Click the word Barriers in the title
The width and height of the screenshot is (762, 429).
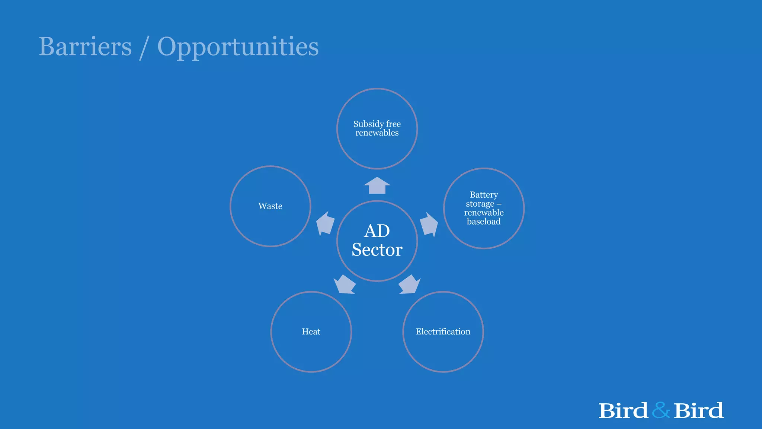click(x=85, y=47)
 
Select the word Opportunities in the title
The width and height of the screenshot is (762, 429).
click(x=238, y=47)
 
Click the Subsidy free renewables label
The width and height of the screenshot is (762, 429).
click(x=377, y=128)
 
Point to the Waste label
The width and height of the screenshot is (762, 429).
click(x=270, y=206)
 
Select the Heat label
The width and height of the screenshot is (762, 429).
click(x=311, y=332)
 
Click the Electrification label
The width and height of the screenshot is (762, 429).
click(x=443, y=332)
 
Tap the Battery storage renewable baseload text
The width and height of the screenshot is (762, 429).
click(x=484, y=208)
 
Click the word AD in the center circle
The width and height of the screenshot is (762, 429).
click(x=377, y=231)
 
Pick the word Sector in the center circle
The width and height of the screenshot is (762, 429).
click(x=377, y=250)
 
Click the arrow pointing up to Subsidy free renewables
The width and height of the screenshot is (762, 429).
click(x=377, y=185)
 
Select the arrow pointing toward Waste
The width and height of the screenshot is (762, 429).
click(x=325, y=224)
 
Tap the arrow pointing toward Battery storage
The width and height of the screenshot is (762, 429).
click(x=429, y=225)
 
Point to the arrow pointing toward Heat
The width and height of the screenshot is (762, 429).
click(x=345, y=285)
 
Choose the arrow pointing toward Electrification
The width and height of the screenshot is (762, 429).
click(x=409, y=285)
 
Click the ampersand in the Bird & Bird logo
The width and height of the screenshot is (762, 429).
click(x=661, y=410)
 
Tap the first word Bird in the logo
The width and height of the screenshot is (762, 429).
click(x=623, y=411)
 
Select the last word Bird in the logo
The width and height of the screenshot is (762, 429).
click(x=698, y=411)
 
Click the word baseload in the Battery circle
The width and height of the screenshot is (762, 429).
click(x=484, y=222)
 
